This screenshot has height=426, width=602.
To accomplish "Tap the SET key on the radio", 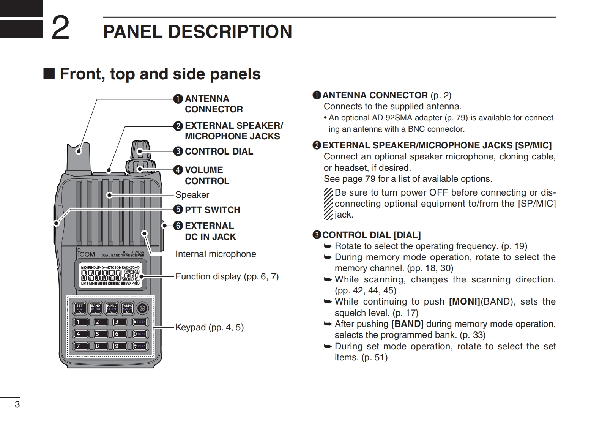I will pos(79,308).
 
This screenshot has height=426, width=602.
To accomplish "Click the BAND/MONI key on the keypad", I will pos(95,308).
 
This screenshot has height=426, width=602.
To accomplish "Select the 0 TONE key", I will pos(140,334).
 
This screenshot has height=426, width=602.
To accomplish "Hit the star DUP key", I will pos(140,346).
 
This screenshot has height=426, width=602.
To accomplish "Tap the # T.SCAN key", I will pos(140,322).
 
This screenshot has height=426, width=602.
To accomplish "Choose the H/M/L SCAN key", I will pos(111,308).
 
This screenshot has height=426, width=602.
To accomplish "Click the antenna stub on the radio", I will pos(79,156).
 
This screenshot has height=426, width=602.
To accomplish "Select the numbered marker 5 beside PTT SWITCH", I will pos(178,210).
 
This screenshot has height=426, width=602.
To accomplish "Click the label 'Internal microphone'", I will pos(216,254).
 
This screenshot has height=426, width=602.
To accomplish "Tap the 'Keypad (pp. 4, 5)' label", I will pos(209,327).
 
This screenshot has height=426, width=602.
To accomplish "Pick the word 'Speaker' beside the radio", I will pos(192,195).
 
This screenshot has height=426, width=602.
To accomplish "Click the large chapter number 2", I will pos(60,28).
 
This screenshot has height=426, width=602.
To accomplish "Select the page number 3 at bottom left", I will pos(17,404).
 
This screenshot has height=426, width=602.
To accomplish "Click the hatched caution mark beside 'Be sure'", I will pos(328,204).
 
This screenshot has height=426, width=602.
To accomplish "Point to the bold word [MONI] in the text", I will pos(464,302).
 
